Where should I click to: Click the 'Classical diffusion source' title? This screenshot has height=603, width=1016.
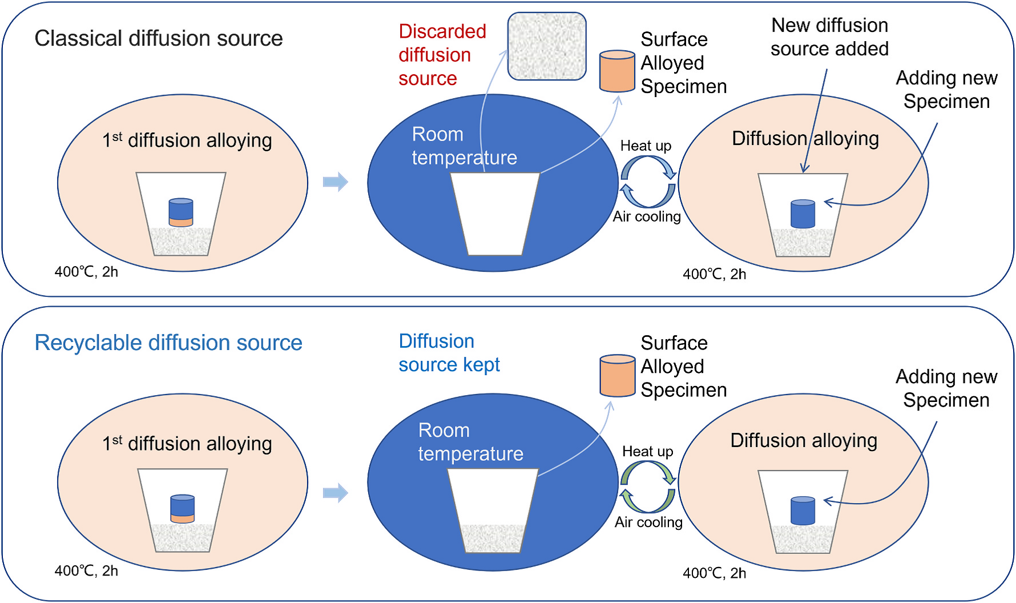pos(159,39)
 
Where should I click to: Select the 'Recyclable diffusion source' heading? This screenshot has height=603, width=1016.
pos(168,343)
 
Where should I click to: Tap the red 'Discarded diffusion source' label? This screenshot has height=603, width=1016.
pos(442,55)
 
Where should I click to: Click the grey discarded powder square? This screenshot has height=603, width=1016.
pos(547,46)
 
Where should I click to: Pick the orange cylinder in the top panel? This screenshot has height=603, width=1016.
pos(617,71)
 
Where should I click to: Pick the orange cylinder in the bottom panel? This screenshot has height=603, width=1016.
pos(617,376)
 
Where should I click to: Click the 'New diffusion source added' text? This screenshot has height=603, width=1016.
pos(829,37)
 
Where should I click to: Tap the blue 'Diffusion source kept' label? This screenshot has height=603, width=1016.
pos(449,353)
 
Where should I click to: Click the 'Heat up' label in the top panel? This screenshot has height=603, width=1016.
pos(646,146)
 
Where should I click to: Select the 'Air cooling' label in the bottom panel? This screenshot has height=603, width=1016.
pos(648,522)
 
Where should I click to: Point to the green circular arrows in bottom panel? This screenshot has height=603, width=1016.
pos(648,487)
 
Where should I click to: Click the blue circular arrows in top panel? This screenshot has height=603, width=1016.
pos(648,182)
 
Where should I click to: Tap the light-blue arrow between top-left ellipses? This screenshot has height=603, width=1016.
pos(335,182)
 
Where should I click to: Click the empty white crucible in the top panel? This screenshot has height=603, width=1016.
pos(495,214)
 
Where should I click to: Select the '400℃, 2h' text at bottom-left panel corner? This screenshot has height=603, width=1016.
pos(86,571)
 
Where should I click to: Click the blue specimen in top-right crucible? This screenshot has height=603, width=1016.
pos(803,214)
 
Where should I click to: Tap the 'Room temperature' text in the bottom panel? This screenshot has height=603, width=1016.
pos(470,442)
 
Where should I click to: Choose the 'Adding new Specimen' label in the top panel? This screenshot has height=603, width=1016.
pos(946,90)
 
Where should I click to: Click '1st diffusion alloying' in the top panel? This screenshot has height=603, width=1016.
pos(187,140)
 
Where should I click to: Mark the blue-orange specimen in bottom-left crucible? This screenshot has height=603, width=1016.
pos(183,509)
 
